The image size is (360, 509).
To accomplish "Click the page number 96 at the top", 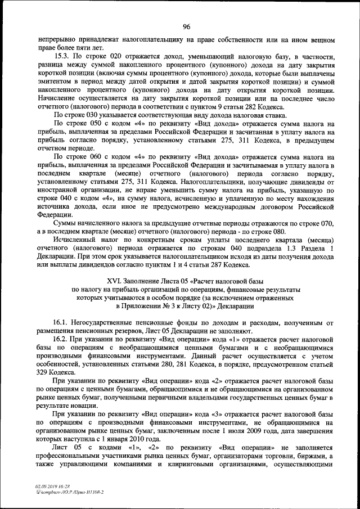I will tap(186, 26).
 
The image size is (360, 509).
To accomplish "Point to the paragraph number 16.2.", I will tap(61, 340).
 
